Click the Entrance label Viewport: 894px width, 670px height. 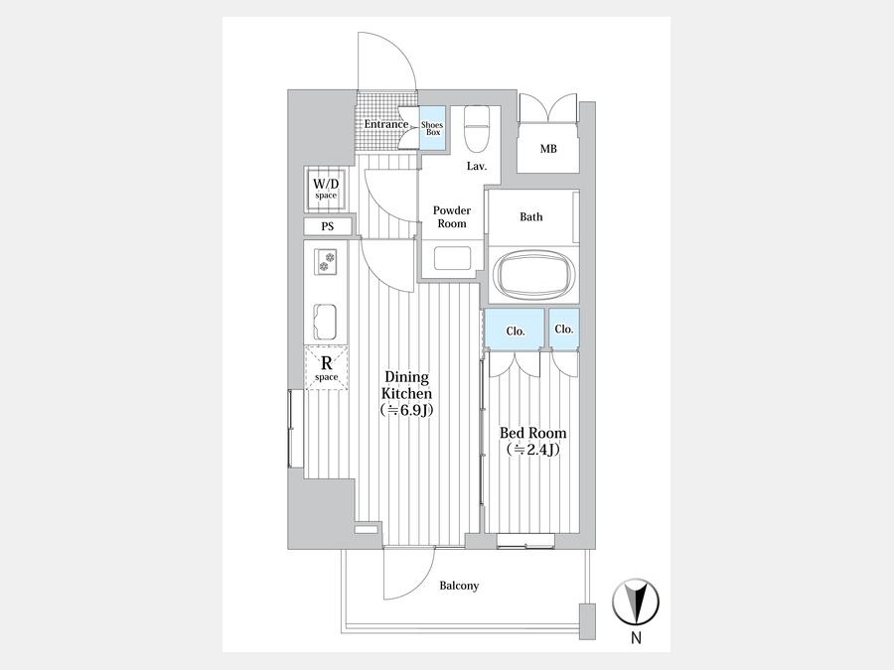385,124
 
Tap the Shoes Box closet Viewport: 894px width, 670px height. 432,129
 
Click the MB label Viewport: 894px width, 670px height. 547,150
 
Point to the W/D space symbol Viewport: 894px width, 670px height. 326,189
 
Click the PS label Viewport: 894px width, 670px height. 328,226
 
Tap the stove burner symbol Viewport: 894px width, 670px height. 327,262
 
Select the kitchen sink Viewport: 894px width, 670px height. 327,321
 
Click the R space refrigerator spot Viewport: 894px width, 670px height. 326,366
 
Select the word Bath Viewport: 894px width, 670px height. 531,216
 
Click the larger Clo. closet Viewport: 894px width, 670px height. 515,330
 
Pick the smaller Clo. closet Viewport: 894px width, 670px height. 564,329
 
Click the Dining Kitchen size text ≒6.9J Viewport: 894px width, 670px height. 407,410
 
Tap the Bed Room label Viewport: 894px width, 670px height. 532,434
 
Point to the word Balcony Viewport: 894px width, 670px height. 459,586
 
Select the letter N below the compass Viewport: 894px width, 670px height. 636,639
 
